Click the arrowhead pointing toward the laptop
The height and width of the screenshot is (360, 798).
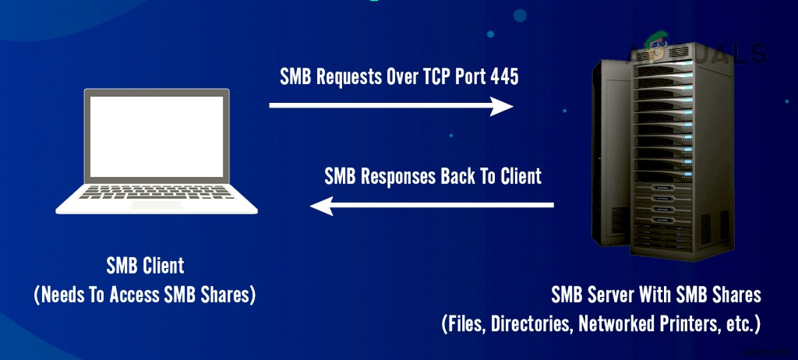[x=321, y=206]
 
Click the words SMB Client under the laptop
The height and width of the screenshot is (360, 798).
[x=146, y=266]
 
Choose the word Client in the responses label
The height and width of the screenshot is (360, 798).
[x=517, y=176]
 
